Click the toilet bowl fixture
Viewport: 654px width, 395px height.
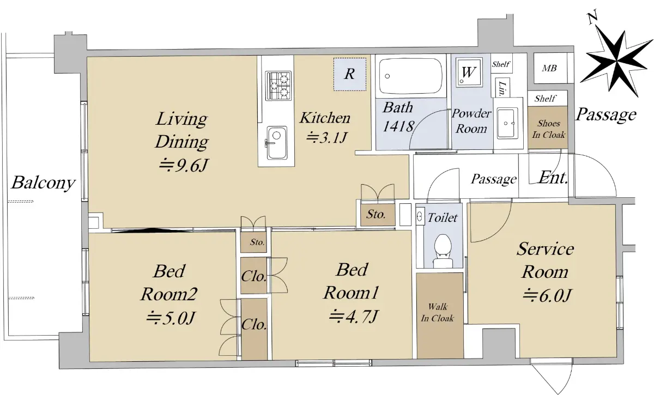[443, 251]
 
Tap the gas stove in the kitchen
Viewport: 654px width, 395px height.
[278, 86]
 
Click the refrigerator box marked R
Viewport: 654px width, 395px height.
[350, 74]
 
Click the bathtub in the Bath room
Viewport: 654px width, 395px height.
[410, 76]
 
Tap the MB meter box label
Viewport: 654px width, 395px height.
[549, 68]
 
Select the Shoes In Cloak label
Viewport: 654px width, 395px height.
[549, 129]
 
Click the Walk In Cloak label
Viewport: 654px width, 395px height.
[437, 312]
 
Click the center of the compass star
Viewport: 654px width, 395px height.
[617, 62]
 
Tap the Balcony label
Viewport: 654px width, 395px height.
[43, 183]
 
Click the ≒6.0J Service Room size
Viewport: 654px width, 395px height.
[547, 295]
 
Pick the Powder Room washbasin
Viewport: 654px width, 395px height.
[507, 123]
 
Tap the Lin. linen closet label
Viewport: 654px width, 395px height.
[502, 88]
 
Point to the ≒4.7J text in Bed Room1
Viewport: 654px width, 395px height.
[354, 316]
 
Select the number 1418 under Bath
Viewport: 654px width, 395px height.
[398, 126]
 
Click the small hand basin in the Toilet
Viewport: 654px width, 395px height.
[420, 216]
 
